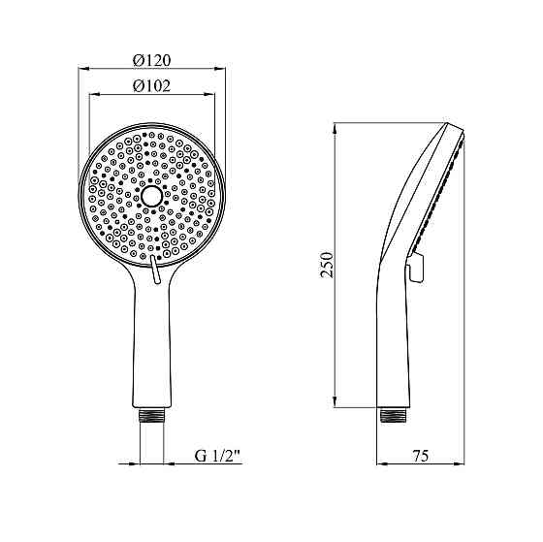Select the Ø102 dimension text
pyautogui.click(x=152, y=85)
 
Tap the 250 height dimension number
pyautogui.click(x=327, y=264)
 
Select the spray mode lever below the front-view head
pyautogui.click(x=154, y=274)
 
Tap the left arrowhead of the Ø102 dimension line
pyautogui.click(x=94, y=94)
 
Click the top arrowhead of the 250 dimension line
pyautogui.click(x=335, y=128)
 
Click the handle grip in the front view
pyautogui.click(x=152, y=339)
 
